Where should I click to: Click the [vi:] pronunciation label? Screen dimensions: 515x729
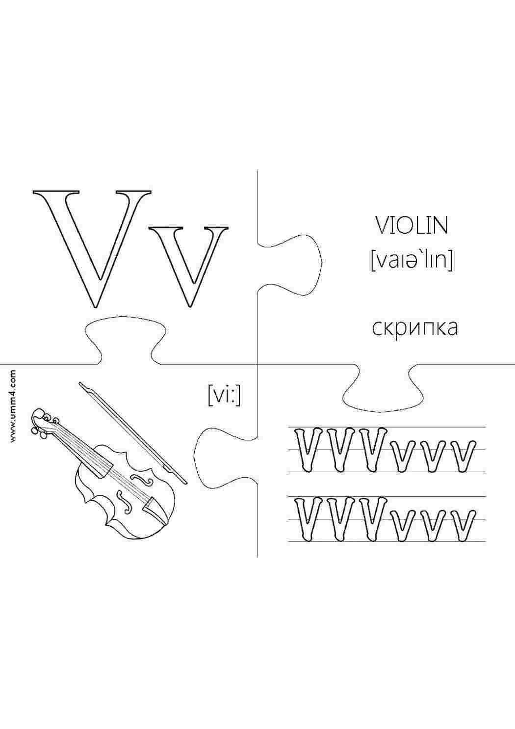(225, 396)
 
